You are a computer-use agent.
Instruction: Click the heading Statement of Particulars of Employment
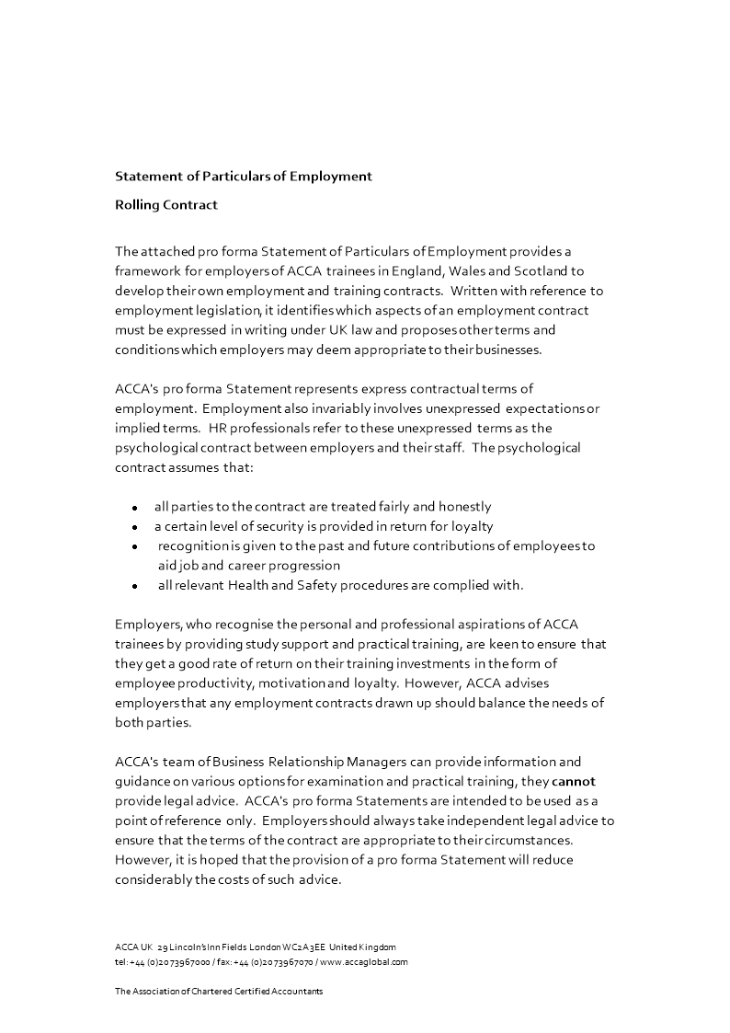tap(243, 176)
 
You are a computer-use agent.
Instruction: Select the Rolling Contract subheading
tap(165, 205)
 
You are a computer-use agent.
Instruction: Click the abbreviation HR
tap(218, 428)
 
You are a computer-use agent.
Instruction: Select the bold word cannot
tap(574, 782)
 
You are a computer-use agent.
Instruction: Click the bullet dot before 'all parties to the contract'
tap(135, 508)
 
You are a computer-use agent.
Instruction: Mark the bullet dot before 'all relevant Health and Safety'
tap(135, 586)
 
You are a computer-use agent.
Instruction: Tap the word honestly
tap(462, 506)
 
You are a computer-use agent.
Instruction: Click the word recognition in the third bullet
tap(196, 545)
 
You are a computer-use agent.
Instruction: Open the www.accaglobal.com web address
tap(364, 961)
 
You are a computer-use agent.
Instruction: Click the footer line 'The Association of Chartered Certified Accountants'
tap(219, 992)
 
